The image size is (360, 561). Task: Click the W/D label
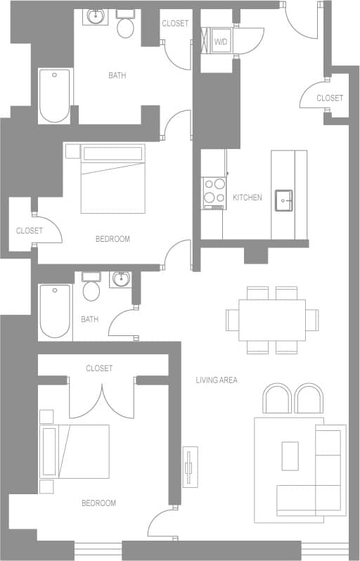click(221, 42)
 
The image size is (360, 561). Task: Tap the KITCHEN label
click(247, 198)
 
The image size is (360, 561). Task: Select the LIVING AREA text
click(217, 380)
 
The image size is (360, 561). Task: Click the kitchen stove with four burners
click(213, 191)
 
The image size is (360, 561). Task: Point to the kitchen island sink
click(285, 199)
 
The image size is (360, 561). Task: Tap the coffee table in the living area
click(290, 456)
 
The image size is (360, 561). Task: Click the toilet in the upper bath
click(126, 25)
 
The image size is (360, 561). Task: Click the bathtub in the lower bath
click(55, 310)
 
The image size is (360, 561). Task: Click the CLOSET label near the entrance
click(330, 98)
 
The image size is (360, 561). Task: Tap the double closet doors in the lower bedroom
click(102, 399)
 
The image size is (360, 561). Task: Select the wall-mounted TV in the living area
click(189, 466)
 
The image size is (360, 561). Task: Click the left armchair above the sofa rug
click(276, 399)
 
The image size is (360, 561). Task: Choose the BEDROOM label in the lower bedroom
click(98, 503)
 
